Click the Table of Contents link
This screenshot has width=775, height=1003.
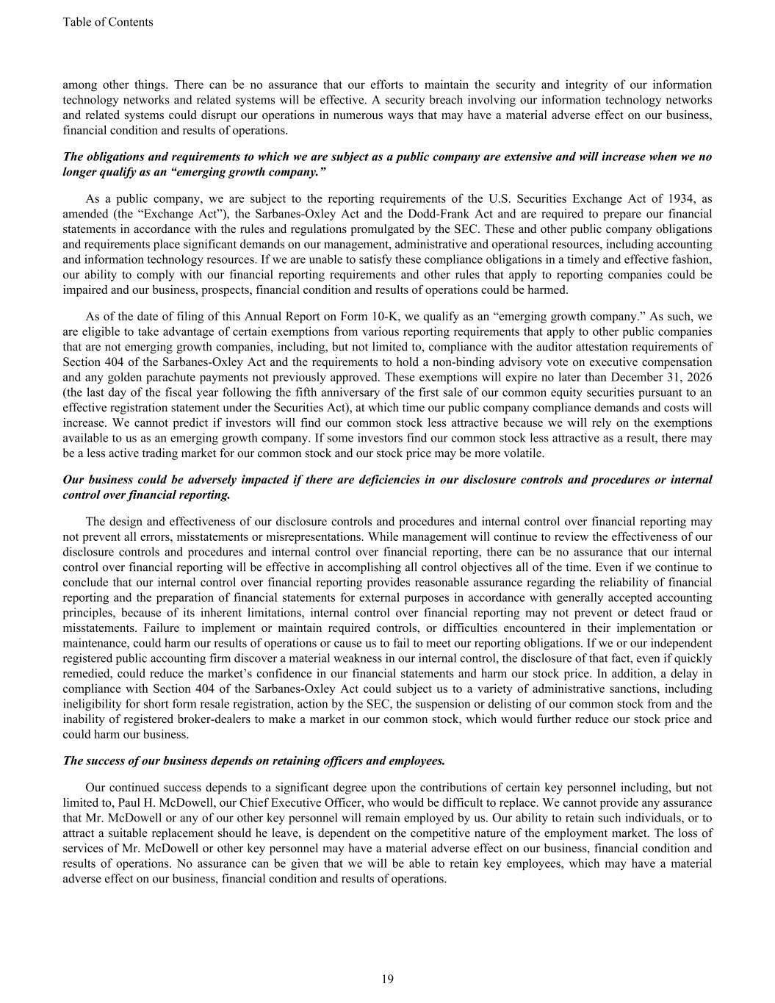[108, 22]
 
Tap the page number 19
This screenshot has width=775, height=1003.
[388, 979]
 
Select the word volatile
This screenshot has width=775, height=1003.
[524, 453]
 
